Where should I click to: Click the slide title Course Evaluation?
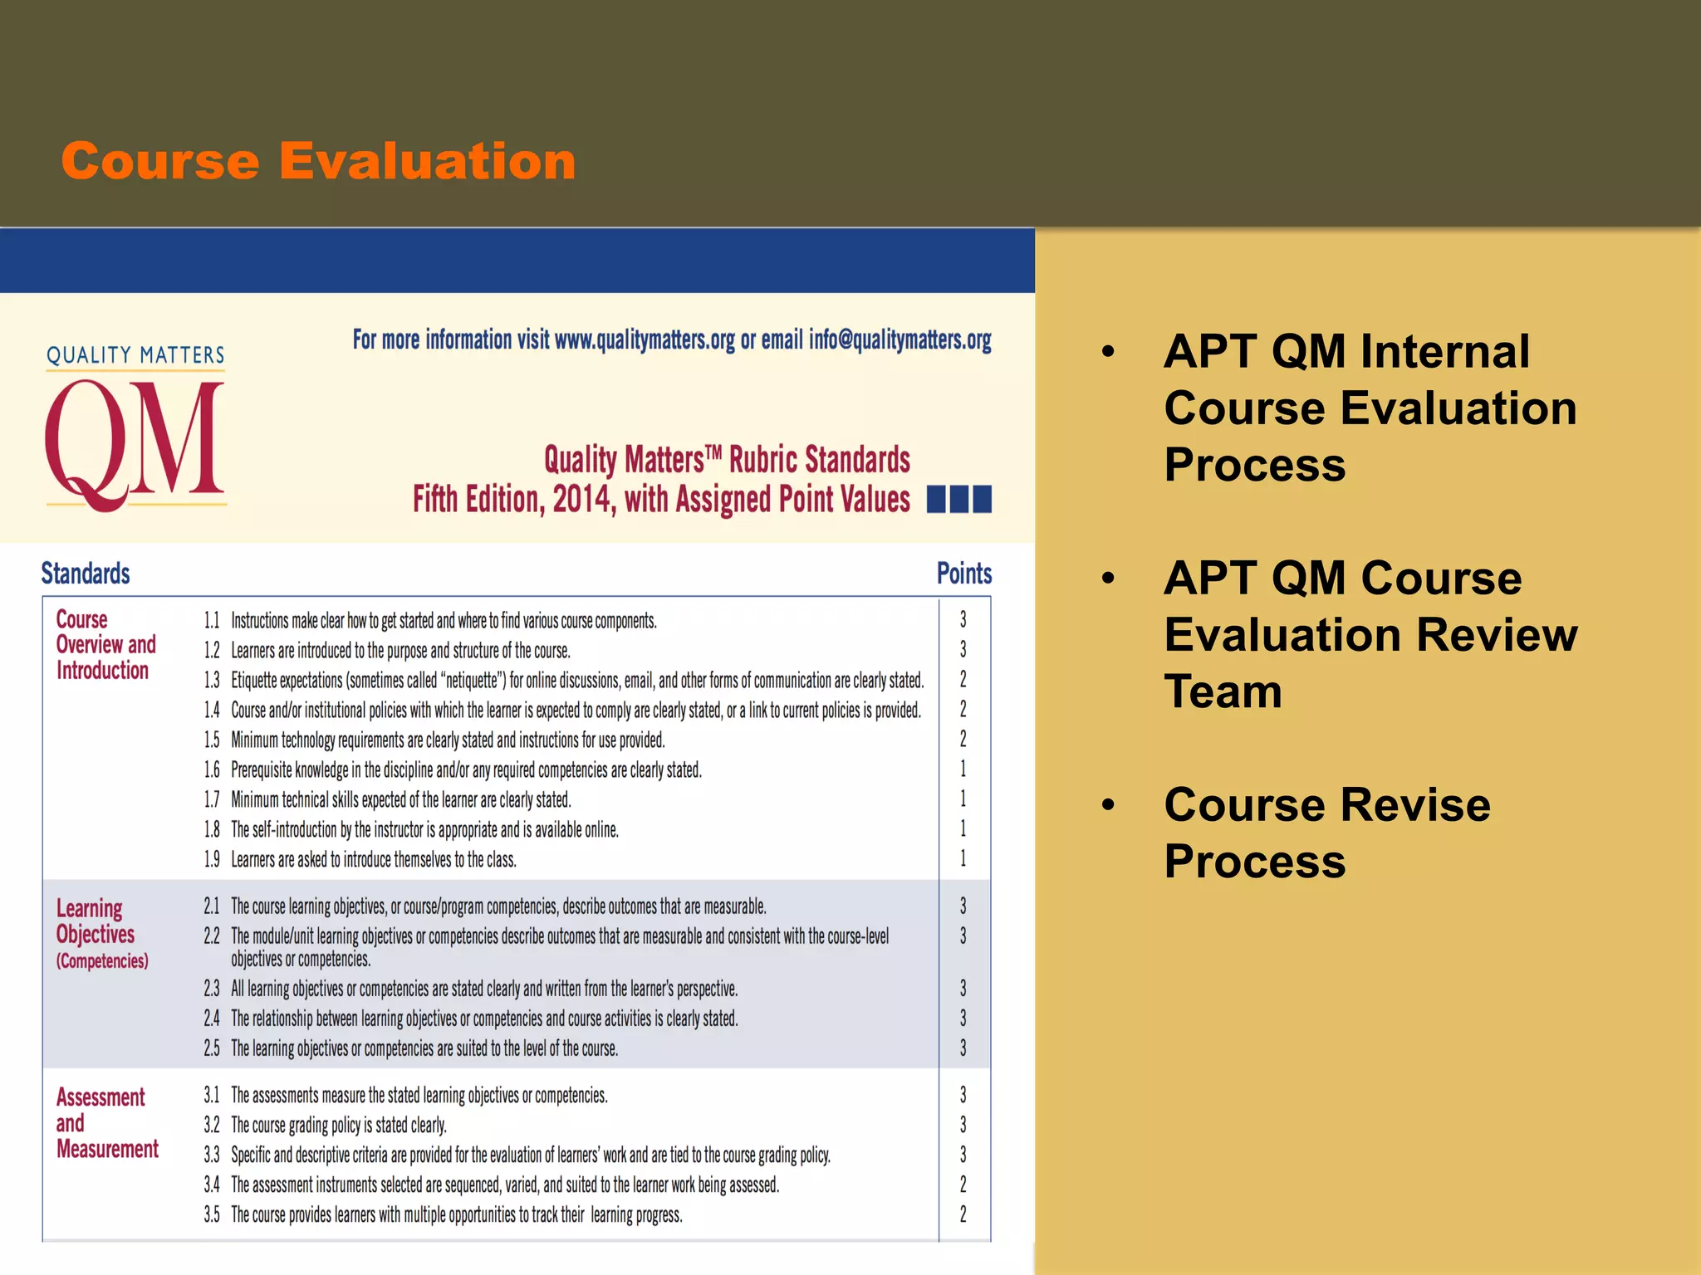tap(318, 160)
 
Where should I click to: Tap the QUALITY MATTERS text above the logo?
tap(135, 355)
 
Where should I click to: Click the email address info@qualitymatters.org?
tap(900, 340)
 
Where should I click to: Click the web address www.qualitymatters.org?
tap(645, 340)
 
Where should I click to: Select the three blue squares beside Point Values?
tap(959, 500)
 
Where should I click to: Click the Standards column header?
tap(86, 574)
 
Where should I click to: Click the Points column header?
tap(963, 574)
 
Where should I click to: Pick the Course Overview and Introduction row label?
tap(105, 645)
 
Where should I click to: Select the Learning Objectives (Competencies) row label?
tap(101, 934)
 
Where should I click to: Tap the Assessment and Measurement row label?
tap(106, 1123)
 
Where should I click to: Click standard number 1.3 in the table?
tap(212, 681)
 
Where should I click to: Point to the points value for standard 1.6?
tap(963, 769)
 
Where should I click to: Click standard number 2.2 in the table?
tap(212, 936)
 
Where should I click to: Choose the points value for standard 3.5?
tap(963, 1214)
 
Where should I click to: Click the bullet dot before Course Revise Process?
tap(1107, 804)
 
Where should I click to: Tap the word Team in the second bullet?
tap(1223, 691)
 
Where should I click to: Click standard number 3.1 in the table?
tap(212, 1095)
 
